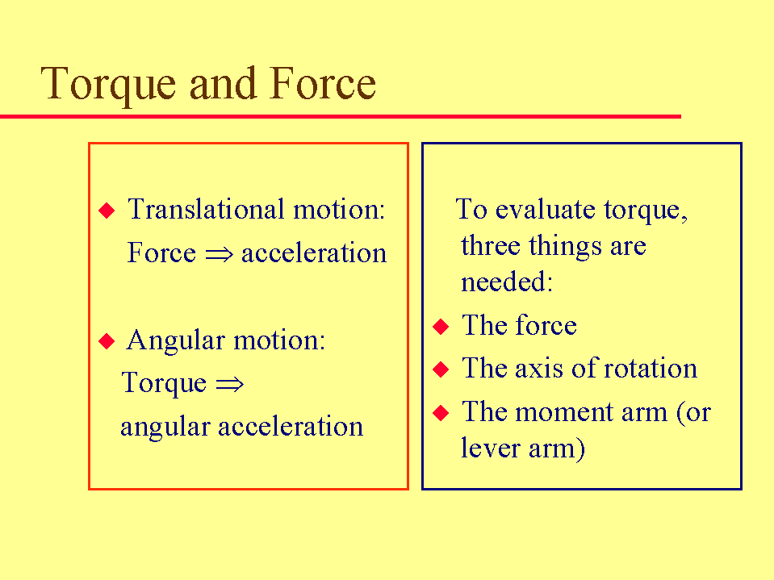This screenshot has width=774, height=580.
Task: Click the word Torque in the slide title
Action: click(x=108, y=85)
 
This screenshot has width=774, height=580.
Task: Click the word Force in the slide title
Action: click(x=323, y=83)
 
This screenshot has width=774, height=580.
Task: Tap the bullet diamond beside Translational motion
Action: click(x=107, y=210)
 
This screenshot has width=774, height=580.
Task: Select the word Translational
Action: click(x=207, y=209)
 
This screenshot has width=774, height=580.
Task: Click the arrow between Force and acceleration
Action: click(x=219, y=254)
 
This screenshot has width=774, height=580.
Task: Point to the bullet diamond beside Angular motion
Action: click(x=107, y=340)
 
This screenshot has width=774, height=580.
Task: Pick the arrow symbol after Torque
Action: click(x=230, y=384)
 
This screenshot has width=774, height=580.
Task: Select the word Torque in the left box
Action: click(x=164, y=384)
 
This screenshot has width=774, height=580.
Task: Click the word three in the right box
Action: click(x=490, y=245)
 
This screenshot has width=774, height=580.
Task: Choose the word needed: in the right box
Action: click(x=507, y=282)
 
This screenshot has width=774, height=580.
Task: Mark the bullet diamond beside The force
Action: click(x=441, y=327)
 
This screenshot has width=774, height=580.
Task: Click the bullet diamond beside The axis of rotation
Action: click(x=441, y=369)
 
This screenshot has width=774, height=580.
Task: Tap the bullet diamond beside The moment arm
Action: click(x=441, y=413)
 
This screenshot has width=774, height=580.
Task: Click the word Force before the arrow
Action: click(x=161, y=252)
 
